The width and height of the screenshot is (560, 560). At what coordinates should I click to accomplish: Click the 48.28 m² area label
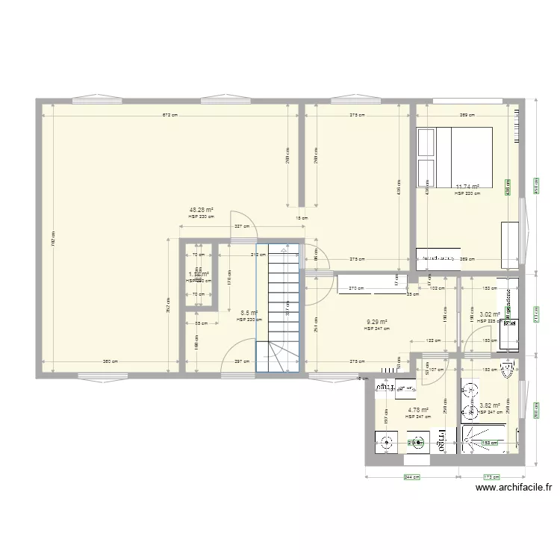202,210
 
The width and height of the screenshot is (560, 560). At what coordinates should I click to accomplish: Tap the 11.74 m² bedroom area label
467,187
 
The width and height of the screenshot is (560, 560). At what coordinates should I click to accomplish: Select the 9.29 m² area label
377,322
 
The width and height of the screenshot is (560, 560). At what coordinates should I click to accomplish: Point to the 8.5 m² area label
249,314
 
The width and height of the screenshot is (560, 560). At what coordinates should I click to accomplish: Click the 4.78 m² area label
418,409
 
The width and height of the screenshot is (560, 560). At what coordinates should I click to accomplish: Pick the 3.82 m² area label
490,405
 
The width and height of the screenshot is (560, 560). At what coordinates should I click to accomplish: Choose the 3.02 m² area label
490,315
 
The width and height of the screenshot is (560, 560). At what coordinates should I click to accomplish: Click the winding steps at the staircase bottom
279,357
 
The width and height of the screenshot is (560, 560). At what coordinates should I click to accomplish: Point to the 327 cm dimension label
241,226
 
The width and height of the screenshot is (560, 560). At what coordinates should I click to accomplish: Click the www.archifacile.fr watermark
514,488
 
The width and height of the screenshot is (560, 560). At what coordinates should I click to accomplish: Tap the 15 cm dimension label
301,218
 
